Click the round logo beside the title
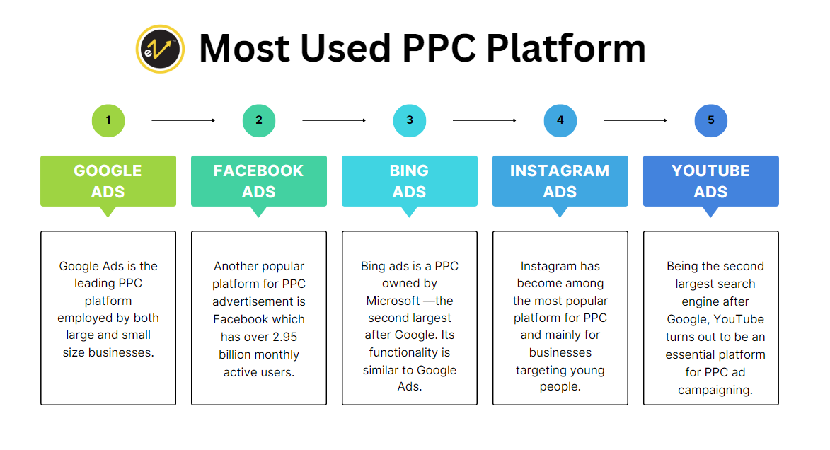pyautogui.click(x=160, y=49)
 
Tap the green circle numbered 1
pyautogui.click(x=108, y=120)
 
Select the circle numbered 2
pyautogui.click(x=259, y=120)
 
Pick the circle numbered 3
pyautogui.click(x=410, y=120)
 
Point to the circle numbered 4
pyautogui.click(x=560, y=120)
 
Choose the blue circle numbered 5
pyautogui.click(x=711, y=120)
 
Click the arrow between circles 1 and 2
pyautogui.click(x=183, y=120)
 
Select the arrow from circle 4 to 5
pyautogui.click(x=635, y=120)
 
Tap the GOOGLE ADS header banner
pyautogui.click(x=108, y=181)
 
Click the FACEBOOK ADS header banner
pyautogui.click(x=259, y=181)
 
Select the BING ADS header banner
pyautogui.click(x=410, y=181)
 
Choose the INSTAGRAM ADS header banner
pyautogui.click(x=560, y=181)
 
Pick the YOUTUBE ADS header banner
pyautogui.click(x=711, y=181)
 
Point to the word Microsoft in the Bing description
pyautogui.click(x=393, y=301)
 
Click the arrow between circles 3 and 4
pyautogui.click(x=485, y=120)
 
